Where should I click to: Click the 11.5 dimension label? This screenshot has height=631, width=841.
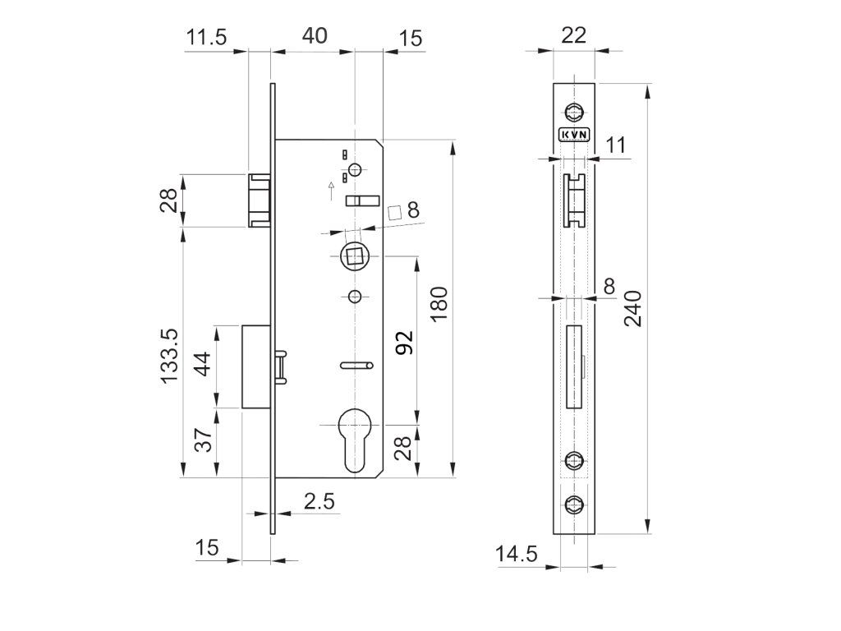(205, 37)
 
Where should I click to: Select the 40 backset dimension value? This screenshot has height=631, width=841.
(314, 35)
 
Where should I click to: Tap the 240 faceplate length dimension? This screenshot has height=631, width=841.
(633, 308)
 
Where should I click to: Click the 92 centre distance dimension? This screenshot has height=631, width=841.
(404, 343)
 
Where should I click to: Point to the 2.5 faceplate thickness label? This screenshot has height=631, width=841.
(318, 502)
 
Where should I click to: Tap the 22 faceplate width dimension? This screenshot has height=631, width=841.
(573, 35)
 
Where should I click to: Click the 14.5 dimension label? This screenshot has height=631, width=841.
(517, 555)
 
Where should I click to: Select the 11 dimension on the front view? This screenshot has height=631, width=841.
(616, 145)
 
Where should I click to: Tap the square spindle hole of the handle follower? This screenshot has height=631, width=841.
(355, 256)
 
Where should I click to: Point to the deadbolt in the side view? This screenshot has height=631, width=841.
(256, 366)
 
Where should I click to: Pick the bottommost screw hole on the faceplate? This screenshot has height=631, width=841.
(573, 504)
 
